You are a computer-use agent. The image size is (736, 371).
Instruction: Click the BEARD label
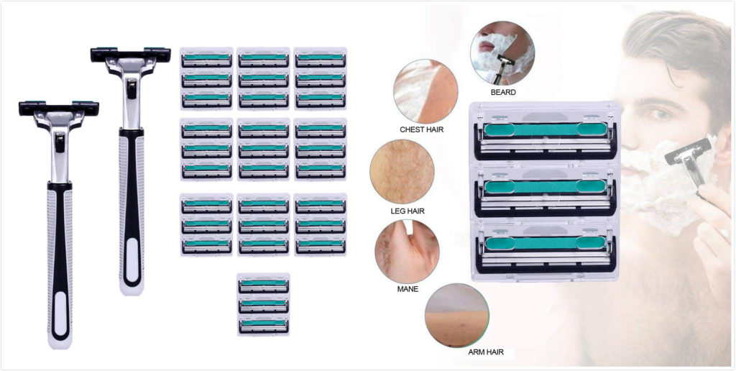click(x=503, y=93)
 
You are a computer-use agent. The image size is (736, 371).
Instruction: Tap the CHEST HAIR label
click(x=421, y=129)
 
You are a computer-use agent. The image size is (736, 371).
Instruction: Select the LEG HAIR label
click(x=408, y=211)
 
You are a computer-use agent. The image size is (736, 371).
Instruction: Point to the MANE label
click(x=408, y=289)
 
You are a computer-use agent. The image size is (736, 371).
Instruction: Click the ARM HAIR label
click(x=486, y=352)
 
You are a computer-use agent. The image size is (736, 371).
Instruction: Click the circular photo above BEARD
click(x=502, y=52)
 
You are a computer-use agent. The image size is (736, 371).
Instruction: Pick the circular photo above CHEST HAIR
click(x=425, y=91)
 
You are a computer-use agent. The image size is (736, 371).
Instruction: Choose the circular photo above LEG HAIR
click(x=402, y=171)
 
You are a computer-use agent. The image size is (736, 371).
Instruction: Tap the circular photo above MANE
click(x=407, y=251)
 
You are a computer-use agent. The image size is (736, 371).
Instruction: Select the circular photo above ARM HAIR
click(x=457, y=315)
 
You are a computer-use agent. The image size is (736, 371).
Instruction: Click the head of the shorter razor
click(x=59, y=109)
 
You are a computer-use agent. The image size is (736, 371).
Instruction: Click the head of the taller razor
click(x=131, y=55)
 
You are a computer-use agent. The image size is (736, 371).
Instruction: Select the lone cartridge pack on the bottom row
click(x=263, y=304)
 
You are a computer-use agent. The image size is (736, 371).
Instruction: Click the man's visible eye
click(x=661, y=114)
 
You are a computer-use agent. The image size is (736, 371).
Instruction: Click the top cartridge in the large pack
click(x=545, y=137)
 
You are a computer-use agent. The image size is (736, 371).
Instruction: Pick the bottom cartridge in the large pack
click(x=545, y=249)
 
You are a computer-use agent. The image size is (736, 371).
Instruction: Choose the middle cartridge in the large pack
click(x=545, y=193)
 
